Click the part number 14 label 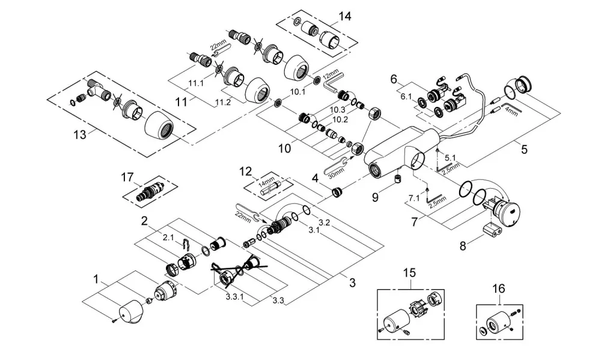pyautogui.click(x=344, y=16)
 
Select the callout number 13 pyautogui.click(x=80, y=135)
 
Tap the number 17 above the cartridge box pyautogui.click(x=127, y=177)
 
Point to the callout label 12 pyautogui.click(x=246, y=171)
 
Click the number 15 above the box pyautogui.click(x=409, y=273)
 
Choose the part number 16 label pyautogui.click(x=498, y=288)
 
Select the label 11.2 pyautogui.click(x=223, y=102)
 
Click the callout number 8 pyautogui.click(x=463, y=246)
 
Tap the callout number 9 pyautogui.click(x=375, y=198)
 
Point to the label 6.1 pyautogui.click(x=406, y=97)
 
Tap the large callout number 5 pyautogui.click(x=524, y=149)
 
